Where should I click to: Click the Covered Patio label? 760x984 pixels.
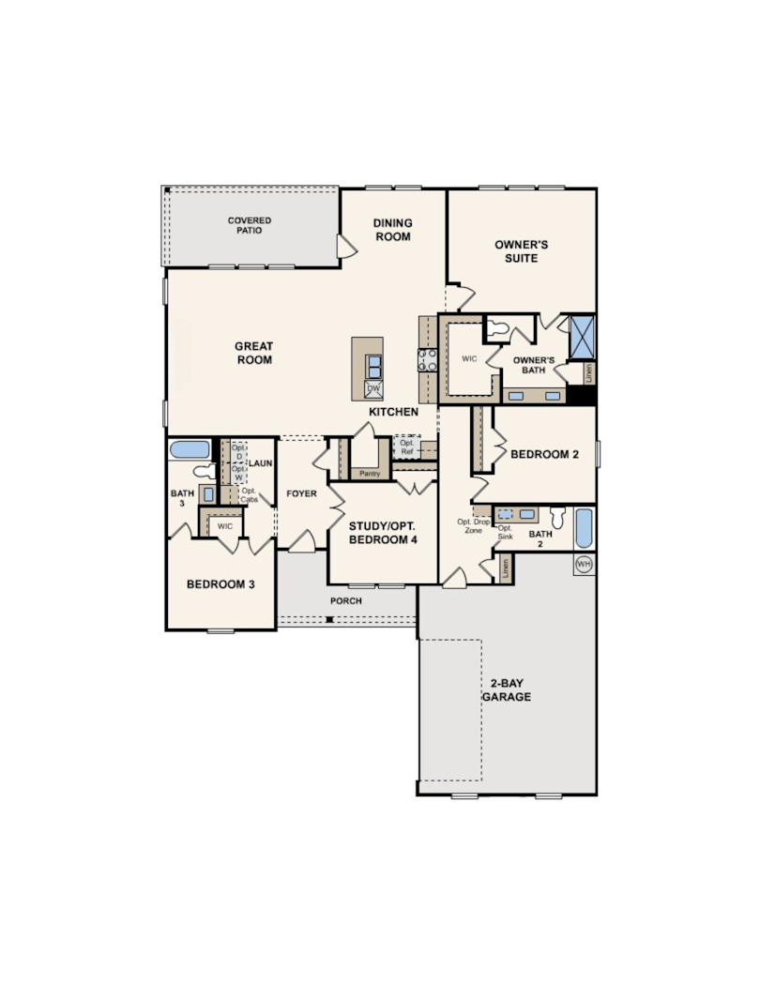250,225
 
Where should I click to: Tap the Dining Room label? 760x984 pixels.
393,230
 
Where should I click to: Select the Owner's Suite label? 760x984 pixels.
521,251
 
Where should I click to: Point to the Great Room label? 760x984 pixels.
254,353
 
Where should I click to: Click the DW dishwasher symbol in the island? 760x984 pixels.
373,389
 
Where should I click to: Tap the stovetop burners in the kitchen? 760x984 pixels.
427,360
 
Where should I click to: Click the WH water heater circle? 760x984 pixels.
584,564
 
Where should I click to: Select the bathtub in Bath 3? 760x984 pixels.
190,449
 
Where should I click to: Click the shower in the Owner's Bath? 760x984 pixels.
581,337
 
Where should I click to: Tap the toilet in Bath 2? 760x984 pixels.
558,517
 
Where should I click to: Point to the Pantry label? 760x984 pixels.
370,474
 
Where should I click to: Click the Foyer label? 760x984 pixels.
302,493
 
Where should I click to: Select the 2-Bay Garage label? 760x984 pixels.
507,690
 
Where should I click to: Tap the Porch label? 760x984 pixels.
346,600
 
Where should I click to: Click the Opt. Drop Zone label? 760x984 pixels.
473,526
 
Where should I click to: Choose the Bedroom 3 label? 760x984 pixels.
220,584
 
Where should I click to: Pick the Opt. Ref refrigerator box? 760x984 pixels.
406,447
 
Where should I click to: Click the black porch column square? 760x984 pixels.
328,620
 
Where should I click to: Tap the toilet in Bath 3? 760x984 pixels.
203,471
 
